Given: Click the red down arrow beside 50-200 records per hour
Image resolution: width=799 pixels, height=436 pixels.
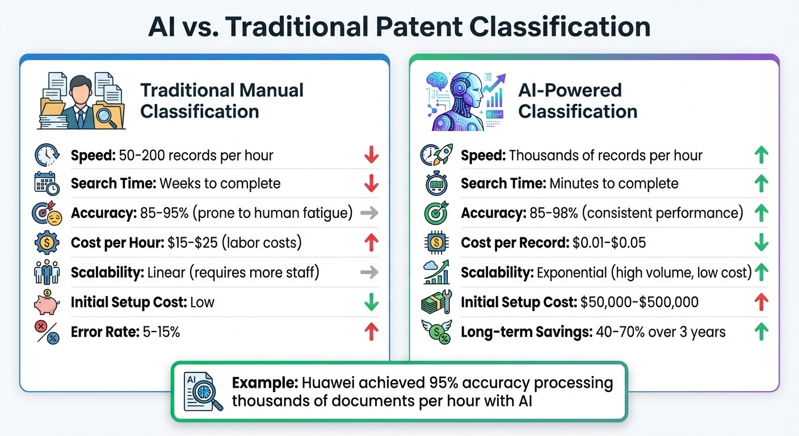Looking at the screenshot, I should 371,155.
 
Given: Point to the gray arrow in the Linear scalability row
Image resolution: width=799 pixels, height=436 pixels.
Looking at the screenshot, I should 369,272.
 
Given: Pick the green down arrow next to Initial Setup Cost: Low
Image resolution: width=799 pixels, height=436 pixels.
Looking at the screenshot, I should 371,302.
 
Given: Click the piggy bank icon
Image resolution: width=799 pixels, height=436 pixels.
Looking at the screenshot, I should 47,302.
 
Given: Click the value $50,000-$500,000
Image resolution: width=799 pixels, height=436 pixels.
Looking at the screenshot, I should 640,302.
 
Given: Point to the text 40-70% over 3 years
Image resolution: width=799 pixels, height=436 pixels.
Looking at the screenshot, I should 661,332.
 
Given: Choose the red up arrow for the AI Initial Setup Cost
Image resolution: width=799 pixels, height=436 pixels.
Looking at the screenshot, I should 761,302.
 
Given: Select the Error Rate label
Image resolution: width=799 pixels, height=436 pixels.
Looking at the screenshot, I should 105,332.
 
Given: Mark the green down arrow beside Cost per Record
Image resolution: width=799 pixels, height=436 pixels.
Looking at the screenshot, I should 761,243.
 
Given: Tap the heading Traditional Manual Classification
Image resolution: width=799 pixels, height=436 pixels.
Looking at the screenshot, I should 222,100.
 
